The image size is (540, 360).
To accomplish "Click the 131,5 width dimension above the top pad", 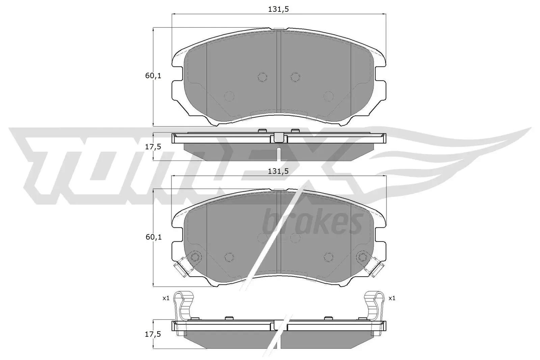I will (x=278, y=9).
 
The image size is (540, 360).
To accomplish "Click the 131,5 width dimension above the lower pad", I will (x=278, y=171).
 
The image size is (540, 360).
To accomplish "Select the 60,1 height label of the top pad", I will (x=153, y=76).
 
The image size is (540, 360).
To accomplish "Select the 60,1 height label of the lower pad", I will (x=153, y=237).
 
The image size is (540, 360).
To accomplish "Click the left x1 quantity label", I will (x=165, y=298).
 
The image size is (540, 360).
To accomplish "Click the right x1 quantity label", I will (x=391, y=298).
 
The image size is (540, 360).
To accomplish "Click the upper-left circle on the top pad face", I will (x=262, y=77).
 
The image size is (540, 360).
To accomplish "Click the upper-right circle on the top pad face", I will (x=295, y=77).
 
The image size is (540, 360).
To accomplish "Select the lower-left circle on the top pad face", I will (x=229, y=96).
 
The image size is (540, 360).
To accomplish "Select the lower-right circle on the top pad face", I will (x=328, y=96).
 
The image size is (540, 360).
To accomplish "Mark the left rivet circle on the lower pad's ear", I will (x=195, y=257).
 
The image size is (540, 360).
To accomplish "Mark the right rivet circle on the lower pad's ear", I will (x=362, y=257).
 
